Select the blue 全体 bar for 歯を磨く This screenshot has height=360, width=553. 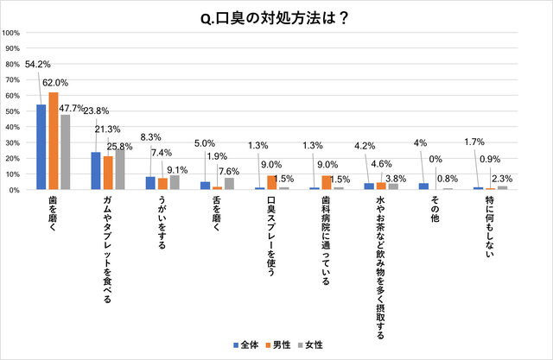41,147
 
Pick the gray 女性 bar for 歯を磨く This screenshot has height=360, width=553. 64,152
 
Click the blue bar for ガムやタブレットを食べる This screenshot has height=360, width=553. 96,171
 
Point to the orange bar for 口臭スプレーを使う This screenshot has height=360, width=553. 273,182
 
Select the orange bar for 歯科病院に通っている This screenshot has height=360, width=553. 327,182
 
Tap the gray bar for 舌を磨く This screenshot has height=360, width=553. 229,184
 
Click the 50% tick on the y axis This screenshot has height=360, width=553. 14,111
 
